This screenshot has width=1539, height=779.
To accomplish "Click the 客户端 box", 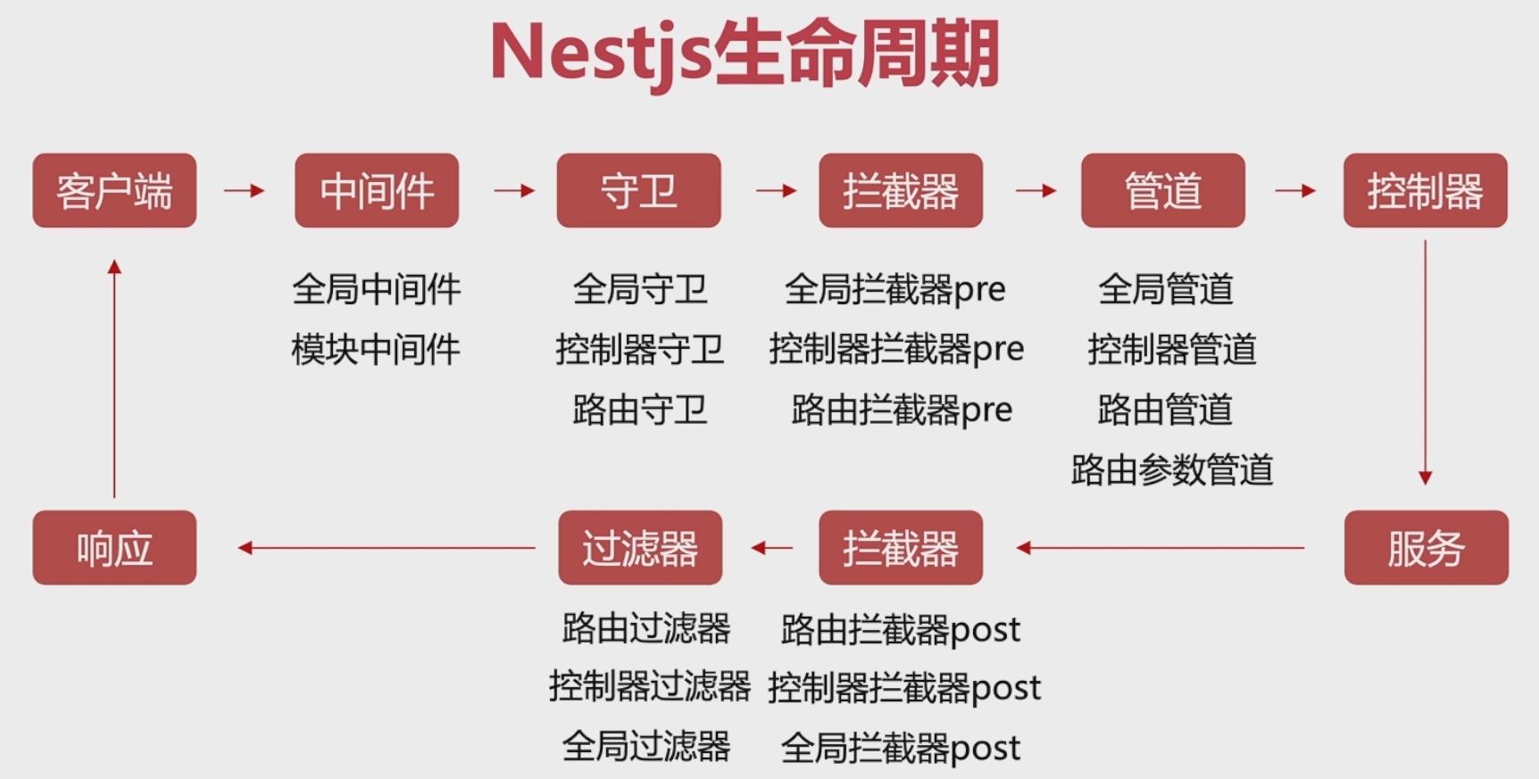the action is point(114,190).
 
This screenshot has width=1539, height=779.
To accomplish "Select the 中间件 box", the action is point(376,190).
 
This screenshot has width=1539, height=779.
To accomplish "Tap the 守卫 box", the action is point(638,190).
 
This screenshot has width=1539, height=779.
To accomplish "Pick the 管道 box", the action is point(1162,190).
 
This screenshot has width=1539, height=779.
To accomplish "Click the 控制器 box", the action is point(1425,190).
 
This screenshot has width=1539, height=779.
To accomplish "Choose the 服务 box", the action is point(1426,547).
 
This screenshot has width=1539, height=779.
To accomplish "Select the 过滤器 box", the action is point(639,547).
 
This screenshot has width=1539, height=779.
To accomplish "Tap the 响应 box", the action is point(114,547).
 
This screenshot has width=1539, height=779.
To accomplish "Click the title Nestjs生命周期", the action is point(744,54).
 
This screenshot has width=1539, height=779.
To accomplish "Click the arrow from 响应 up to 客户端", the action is point(114,378).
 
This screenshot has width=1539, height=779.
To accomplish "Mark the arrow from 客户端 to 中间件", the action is point(244,190).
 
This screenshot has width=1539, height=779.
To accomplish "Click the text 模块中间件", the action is point(376,349).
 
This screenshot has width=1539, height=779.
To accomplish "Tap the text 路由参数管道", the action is point(1171,469).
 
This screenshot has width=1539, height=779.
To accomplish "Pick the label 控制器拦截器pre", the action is point(896,349).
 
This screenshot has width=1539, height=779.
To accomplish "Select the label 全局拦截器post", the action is point(900,748).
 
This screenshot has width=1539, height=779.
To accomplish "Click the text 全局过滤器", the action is point(646,746).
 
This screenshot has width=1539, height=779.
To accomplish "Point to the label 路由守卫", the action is point(639,410).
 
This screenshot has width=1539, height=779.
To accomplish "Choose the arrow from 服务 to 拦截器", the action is point(1160,548).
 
